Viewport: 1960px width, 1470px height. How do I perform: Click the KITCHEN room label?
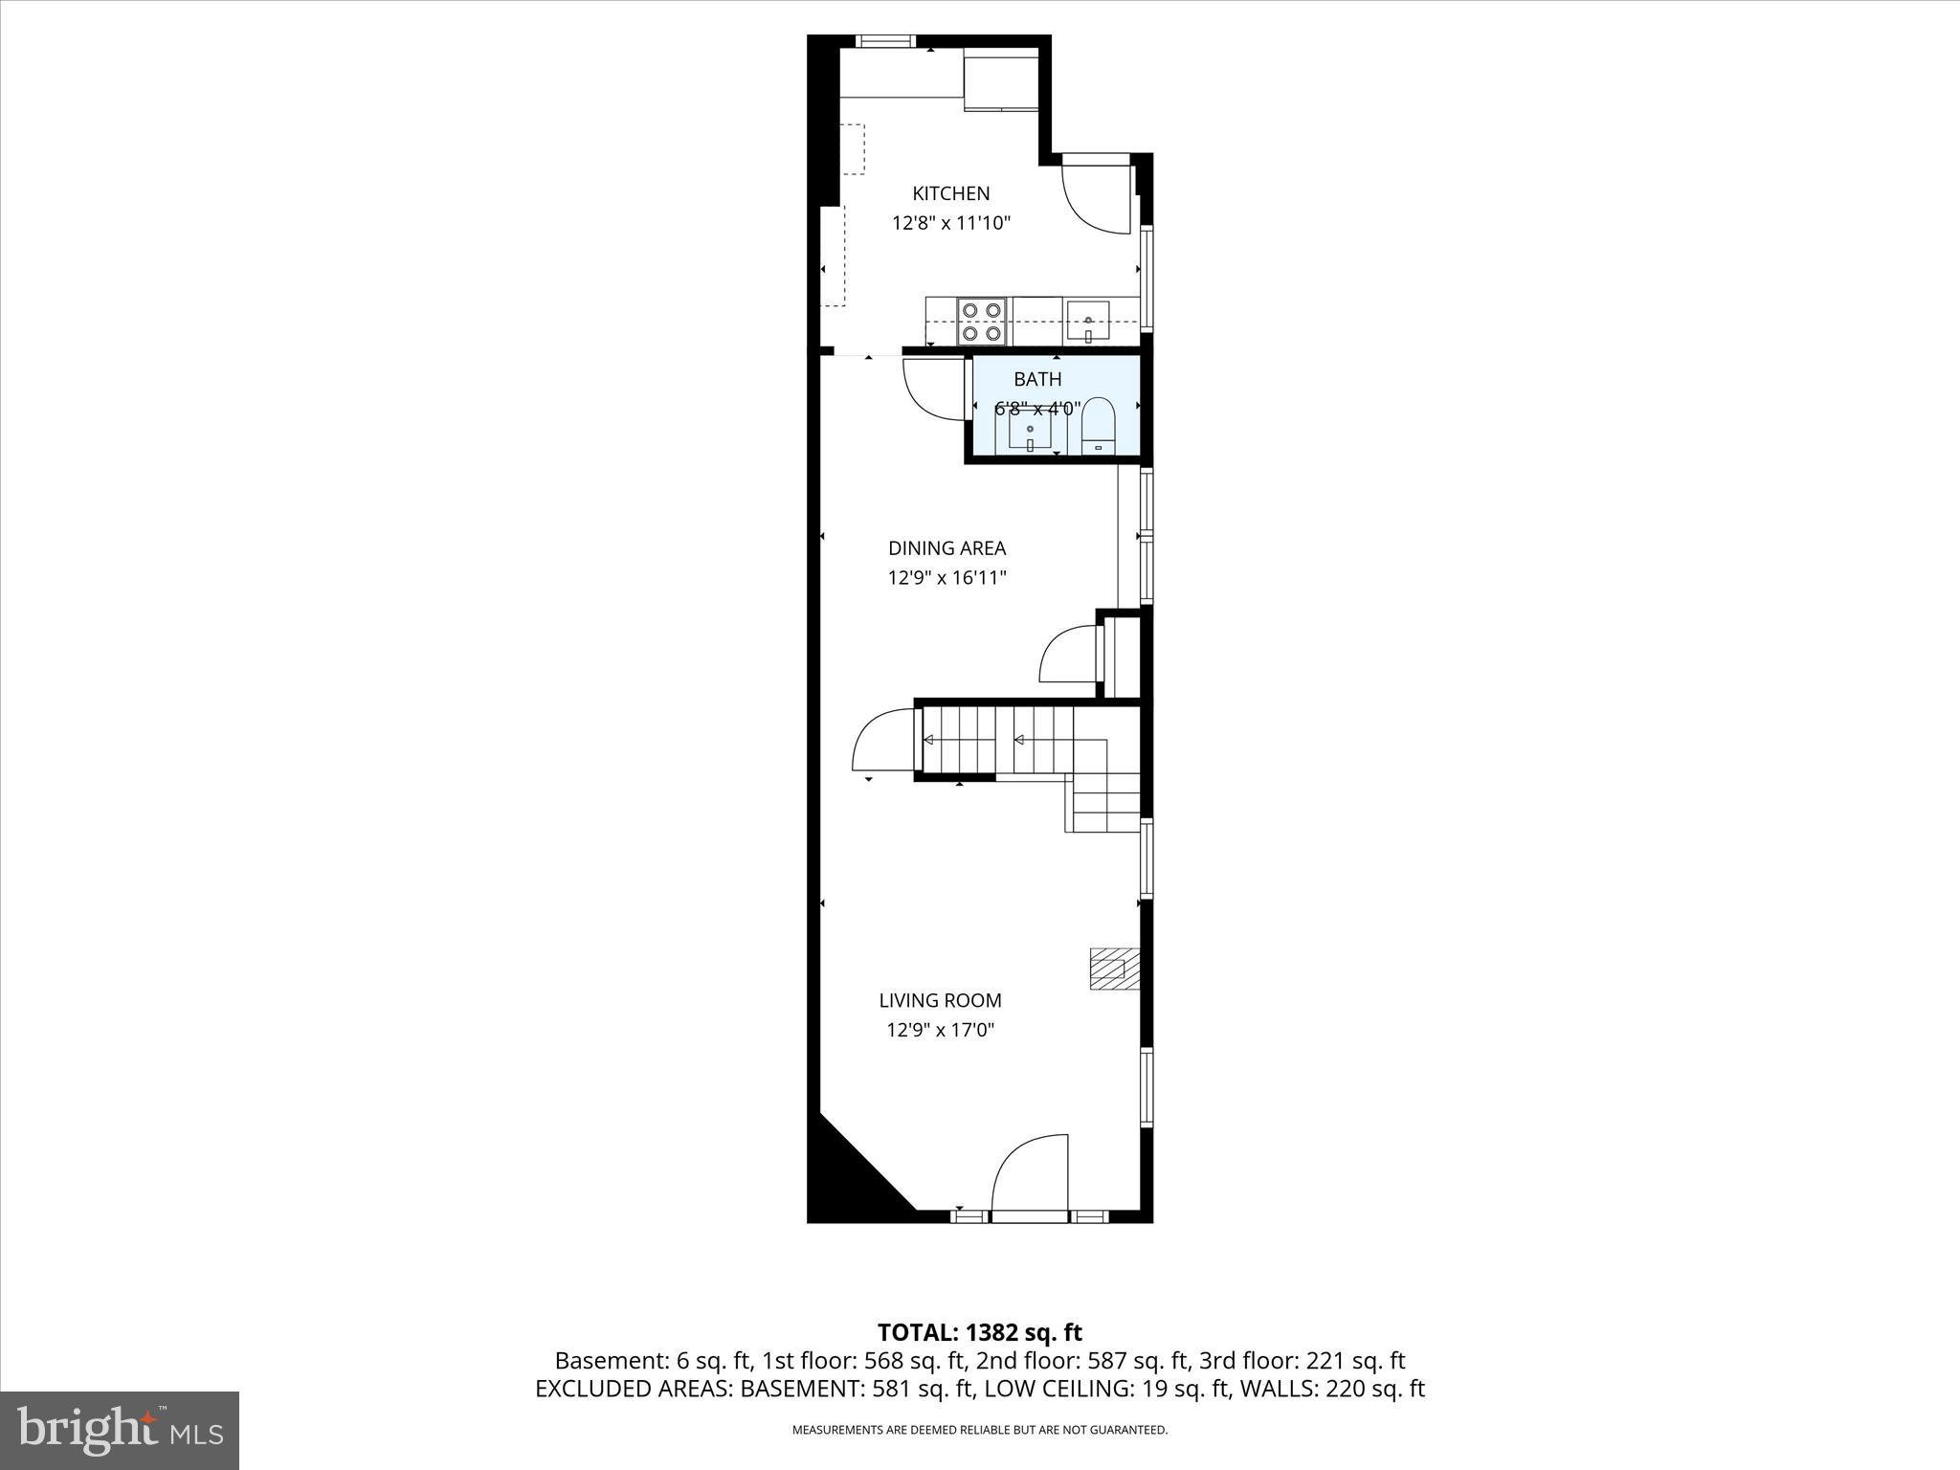[950, 193]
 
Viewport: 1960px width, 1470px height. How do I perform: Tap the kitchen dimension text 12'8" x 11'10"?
[950, 224]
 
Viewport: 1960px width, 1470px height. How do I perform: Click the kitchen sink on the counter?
[1088, 320]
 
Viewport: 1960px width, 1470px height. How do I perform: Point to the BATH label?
[1037, 380]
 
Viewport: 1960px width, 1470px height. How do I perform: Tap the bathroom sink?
[1030, 430]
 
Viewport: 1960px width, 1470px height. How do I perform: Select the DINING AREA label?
[947, 548]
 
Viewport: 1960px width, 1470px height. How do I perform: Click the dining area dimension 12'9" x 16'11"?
[947, 578]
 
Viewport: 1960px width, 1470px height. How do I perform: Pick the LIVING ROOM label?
[940, 1001]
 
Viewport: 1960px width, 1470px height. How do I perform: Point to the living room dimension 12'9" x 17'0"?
[940, 1031]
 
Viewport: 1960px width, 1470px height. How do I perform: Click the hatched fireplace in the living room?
[1115, 969]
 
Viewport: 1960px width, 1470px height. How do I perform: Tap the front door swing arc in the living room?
[1029, 1175]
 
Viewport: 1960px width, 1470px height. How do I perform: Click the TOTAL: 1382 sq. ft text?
[979, 1332]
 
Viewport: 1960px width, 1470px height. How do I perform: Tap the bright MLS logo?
[120, 1430]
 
